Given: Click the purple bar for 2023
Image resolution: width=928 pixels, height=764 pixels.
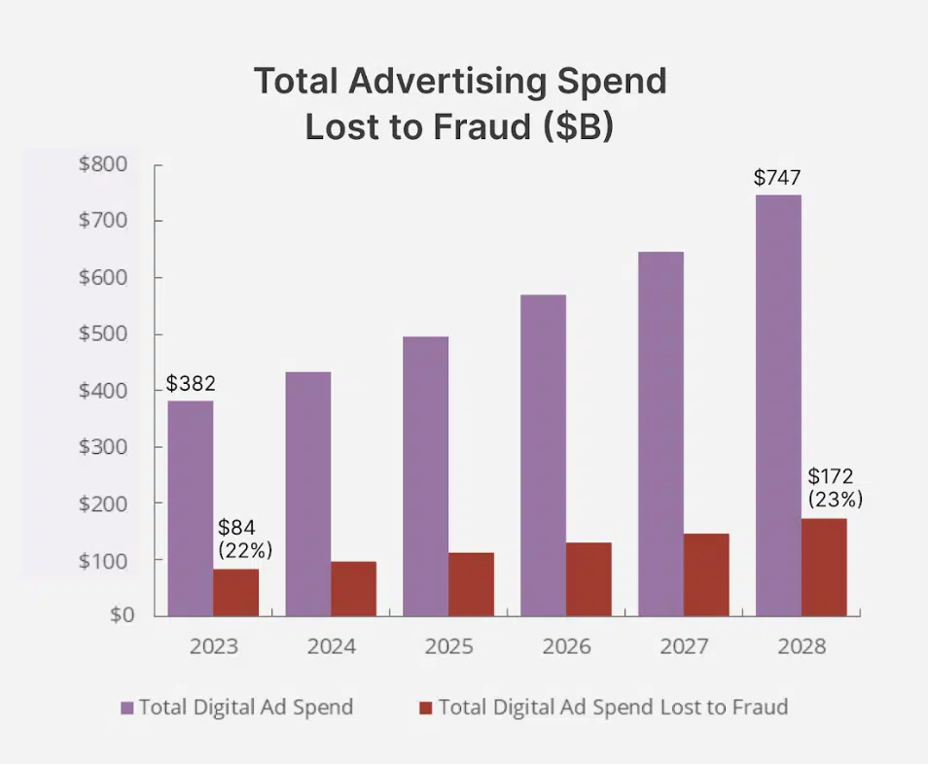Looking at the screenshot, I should (x=190, y=507).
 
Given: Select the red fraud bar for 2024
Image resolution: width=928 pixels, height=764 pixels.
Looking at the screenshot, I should (x=353, y=588).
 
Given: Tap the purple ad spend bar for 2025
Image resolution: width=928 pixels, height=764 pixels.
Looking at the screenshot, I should (x=425, y=475).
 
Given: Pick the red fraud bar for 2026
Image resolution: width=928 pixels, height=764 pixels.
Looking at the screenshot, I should (x=589, y=578).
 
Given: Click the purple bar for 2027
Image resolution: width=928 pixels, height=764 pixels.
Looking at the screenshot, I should (x=660, y=433).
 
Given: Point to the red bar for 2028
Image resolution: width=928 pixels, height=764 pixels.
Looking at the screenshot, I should (x=824, y=567).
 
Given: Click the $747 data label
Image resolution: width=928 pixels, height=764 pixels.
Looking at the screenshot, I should (x=777, y=178).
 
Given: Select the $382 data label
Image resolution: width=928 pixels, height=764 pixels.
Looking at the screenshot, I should (x=191, y=383).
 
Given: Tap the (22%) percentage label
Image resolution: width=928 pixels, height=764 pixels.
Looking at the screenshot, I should (x=245, y=550).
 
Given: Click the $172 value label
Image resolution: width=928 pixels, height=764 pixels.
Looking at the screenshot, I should (x=831, y=476).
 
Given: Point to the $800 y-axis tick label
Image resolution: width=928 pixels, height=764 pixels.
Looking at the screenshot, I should (x=102, y=164).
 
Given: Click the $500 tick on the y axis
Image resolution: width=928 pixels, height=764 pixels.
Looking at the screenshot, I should (x=102, y=334).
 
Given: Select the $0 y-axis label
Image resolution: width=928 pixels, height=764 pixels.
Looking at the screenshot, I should (x=118, y=614).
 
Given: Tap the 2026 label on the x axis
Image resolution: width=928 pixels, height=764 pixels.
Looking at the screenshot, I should (x=567, y=646).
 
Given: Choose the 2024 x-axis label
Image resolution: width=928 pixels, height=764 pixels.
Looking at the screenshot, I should (x=332, y=646).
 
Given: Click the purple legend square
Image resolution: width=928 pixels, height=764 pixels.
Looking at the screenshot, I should (x=126, y=708).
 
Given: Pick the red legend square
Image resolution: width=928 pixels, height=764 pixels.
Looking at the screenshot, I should (x=425, y=708).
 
